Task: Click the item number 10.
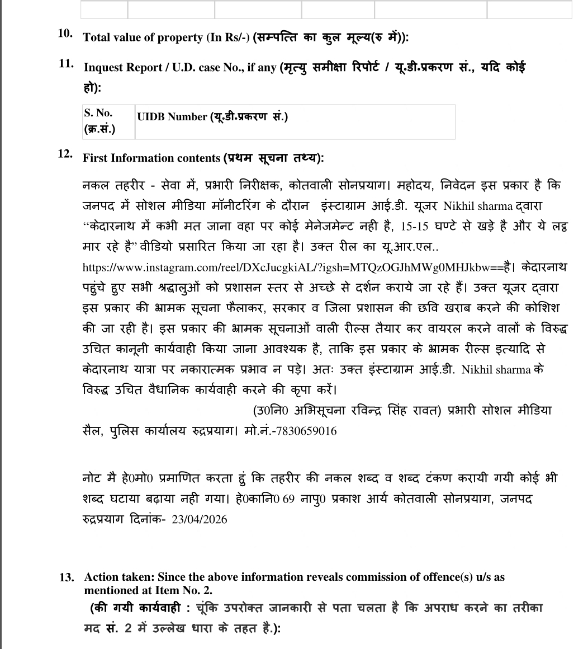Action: pyautogui.click(x=65, y=33)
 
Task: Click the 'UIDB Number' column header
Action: pyautogui.click(x=172, y=117)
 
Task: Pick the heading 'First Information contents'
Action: pyautogui.click(x=151, y=158)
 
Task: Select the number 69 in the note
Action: pyautogui.click(x=288, y=498)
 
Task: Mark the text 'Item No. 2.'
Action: pyautogui.click(x=187, y=590)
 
